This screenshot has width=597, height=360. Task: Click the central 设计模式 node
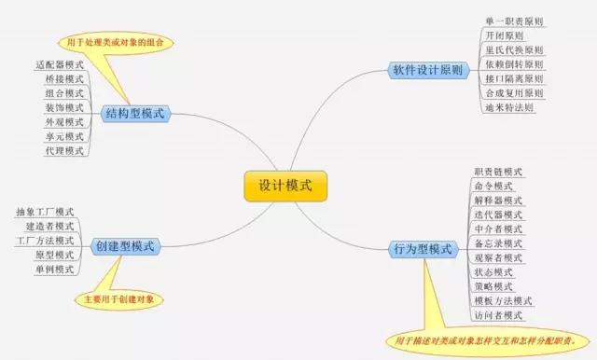click(x=286, y=186)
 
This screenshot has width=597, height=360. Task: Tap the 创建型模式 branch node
click(x=125, y=246)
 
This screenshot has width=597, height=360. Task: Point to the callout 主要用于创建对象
click(x=119, y=299)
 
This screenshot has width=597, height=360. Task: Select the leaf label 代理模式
click(x=63, y=150)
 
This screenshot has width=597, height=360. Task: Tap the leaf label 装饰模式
click(x=63, y=108)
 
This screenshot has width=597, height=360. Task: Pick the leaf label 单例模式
click(x=54, y=270)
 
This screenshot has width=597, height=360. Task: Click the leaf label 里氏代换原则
click(x=515, y=49)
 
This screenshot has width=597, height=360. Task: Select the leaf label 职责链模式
click(x=498, y=172)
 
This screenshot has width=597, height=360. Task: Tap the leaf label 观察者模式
click(x=498, y=257)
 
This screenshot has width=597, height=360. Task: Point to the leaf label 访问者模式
click(x=498, y=315)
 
